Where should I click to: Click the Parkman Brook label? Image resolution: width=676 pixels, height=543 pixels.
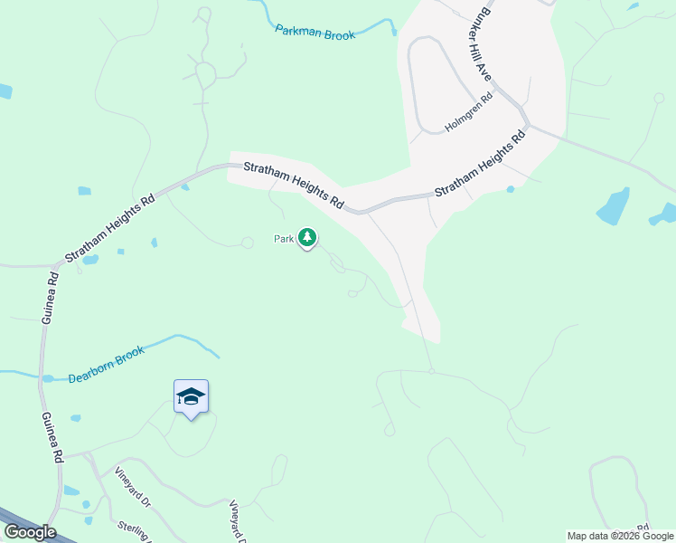pyautogui.click(x=315, y=31)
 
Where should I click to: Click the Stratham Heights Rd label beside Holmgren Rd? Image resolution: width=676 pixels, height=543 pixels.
pyautogui.click(x=480, y=165)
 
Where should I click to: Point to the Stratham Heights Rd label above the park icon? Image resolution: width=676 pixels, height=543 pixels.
pyautogui.click(x=295, y=186)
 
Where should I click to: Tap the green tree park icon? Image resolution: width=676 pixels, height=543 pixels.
pyautogui.click(x=308, y=238)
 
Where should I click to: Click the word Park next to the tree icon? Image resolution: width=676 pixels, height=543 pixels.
pyautogui.click(x=284, y=240)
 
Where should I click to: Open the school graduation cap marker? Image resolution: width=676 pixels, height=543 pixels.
pyautogui.click(x=191, y=396)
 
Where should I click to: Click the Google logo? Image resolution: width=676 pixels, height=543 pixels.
pyautogui.click(x=30, y=531)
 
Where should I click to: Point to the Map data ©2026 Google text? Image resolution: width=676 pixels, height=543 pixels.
pyautogui.click(x=620, y=536)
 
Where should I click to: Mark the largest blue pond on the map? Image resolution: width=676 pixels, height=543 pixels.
pyautogui.click(x=614, y=207)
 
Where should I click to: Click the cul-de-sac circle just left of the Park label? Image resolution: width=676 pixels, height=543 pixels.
pyautogui.click(x=247, y=243)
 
